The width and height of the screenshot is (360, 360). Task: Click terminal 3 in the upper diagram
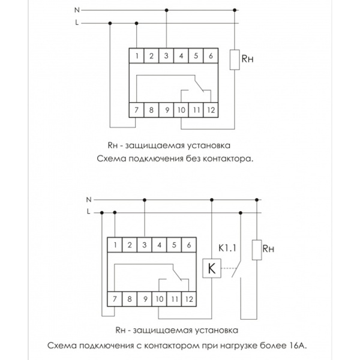point(166,56)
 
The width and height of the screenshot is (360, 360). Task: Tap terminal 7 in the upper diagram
point(138,110)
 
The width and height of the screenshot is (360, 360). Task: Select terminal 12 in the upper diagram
point(211,110)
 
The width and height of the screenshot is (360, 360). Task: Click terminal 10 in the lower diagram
point(160,298)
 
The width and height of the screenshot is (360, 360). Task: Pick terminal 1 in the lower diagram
point(115,244)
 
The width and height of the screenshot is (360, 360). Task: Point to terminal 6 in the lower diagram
point(188,244)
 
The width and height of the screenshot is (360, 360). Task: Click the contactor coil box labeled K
point(211,269)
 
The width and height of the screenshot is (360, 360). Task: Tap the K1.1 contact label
point(227,245)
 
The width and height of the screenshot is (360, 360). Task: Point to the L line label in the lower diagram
point(89,211)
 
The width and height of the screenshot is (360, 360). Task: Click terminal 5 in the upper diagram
point(196,56)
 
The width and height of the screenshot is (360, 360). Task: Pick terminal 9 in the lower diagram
point(144,298)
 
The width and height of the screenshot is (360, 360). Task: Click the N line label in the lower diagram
point(89,199)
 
